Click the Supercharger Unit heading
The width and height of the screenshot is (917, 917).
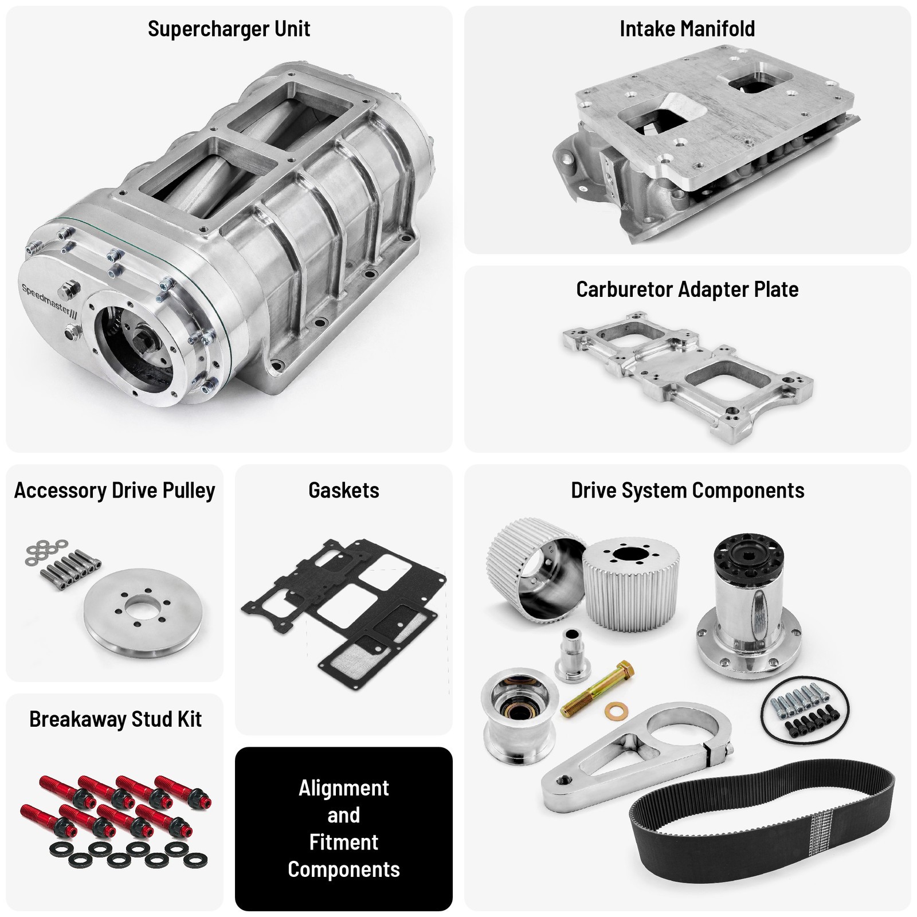pyautogui.click(x=229, y=29)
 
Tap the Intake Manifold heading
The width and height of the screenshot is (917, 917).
pyautogui.click(x=687, y=29)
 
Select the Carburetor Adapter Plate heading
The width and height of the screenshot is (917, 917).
pyautogui.click(x=687, y=289)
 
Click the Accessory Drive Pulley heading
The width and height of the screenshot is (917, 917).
pyautogui.click(x=115, y=491)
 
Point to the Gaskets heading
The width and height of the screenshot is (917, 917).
pyautogui.click(x=343, y=491)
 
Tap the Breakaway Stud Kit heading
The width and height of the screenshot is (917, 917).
pyautogui.click(x=115, y=719)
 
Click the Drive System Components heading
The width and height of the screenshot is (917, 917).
pyautogui.click(x=687, y=491)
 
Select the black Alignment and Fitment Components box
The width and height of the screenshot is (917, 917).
pyautogui.click(x=343, y=828)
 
